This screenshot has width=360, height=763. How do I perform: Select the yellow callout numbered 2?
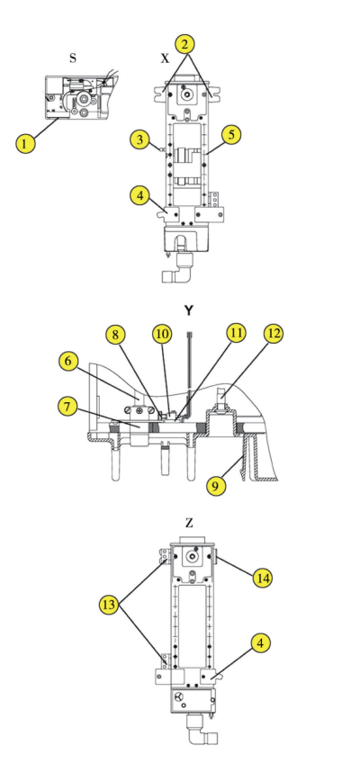[x=184, y=43]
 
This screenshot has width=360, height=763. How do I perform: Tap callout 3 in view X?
[x=139, y=139]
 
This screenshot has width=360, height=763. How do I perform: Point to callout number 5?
[x=231, y=136]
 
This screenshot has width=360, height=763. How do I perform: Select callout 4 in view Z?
[x=258, y=642]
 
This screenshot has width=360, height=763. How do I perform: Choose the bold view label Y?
[x=189, y=310]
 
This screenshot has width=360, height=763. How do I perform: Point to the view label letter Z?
[x=189, y=521]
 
